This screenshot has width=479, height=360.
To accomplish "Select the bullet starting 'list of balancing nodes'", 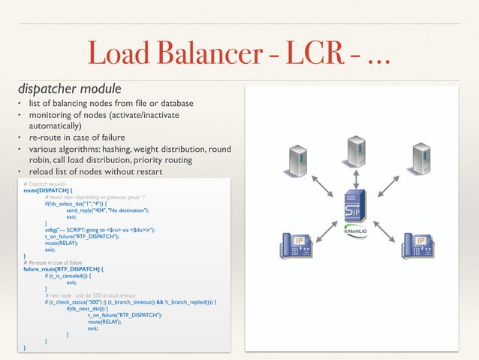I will click(111, 103).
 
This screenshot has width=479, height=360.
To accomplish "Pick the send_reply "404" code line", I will click(112, 210).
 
